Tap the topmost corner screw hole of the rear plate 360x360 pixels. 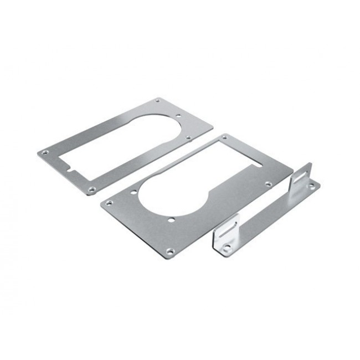click(x=159, y=100)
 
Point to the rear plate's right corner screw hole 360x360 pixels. click(x=189, y=135)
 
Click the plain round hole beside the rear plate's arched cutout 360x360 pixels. click(x=178, y=116)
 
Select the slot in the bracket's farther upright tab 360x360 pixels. click(x=302, y=176)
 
